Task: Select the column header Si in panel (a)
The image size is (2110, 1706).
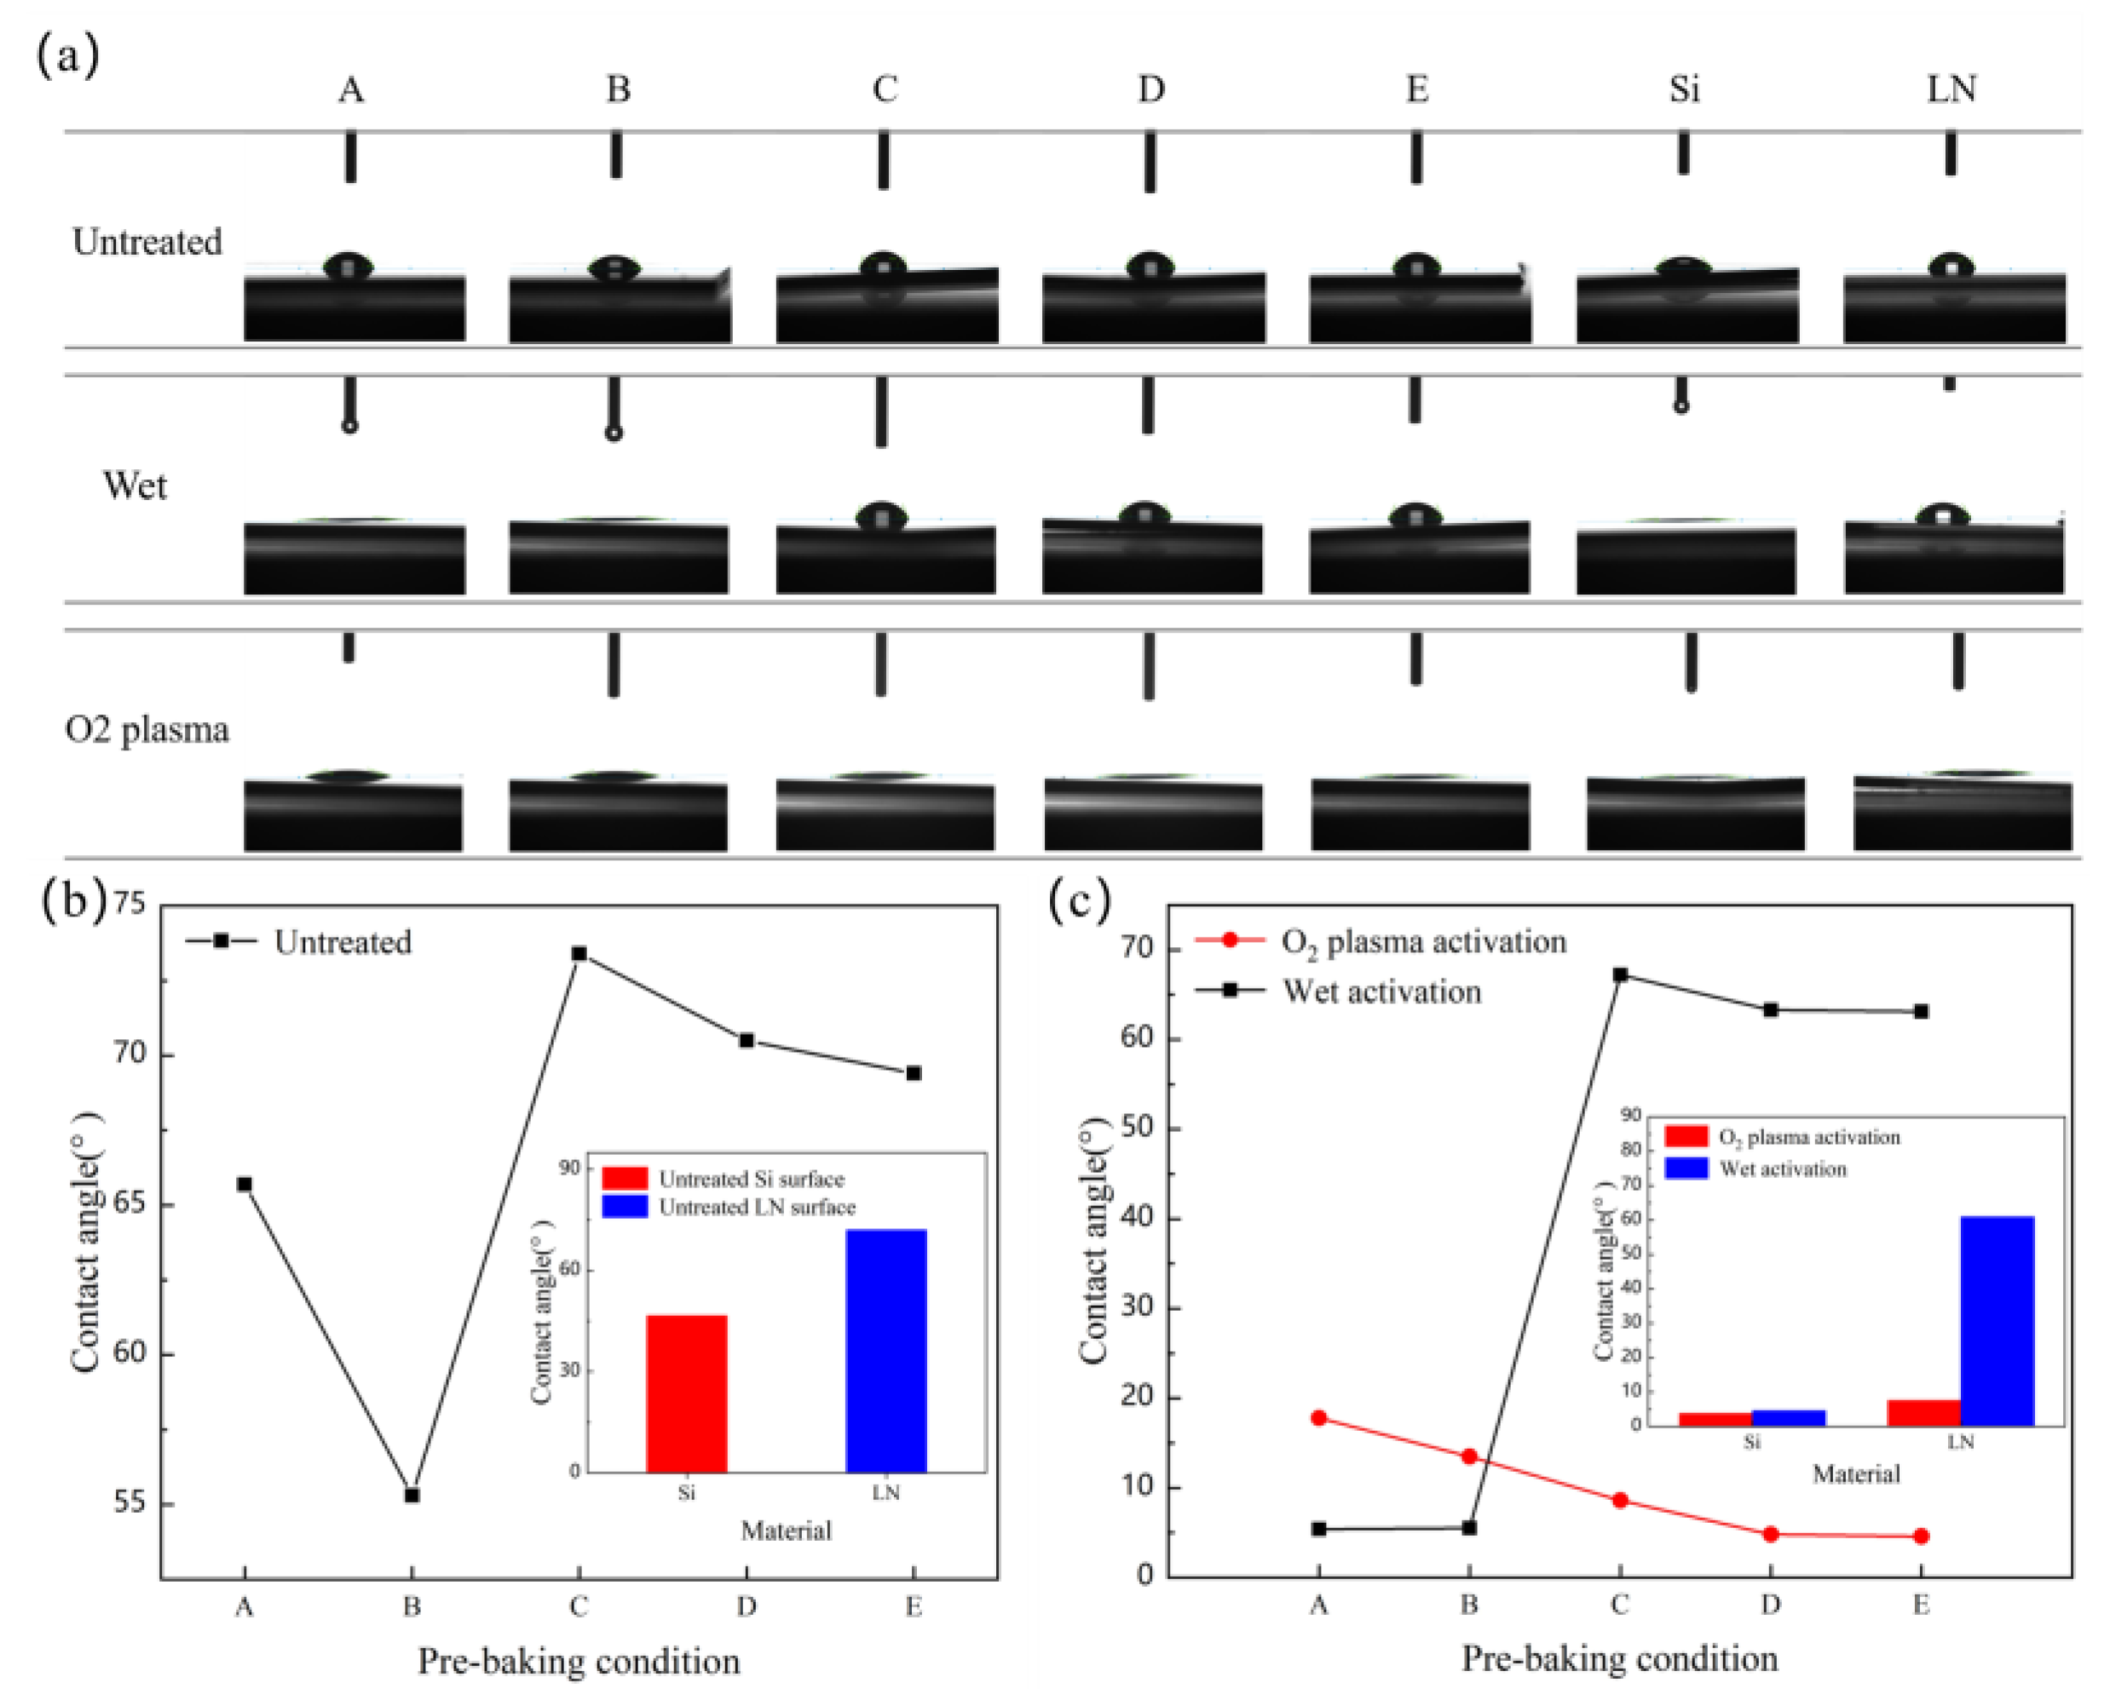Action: coord(1684,89)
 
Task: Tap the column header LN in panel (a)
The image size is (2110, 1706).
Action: coord(1951,89)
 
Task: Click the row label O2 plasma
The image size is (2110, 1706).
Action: coord(147,730)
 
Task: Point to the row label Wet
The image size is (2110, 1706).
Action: coord(135,485)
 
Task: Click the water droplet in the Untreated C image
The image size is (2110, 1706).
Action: coord(883,267)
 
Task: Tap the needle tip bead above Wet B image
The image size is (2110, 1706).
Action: coord(614,433)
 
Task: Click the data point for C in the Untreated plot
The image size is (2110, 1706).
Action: coord(579,953)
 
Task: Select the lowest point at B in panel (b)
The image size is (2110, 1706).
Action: coord(412,1496)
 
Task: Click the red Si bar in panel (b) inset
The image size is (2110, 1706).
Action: coord(686,1393)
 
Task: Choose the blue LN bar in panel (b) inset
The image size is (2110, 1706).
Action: coord(886,1350)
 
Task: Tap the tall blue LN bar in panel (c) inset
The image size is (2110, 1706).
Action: coord(1997,1321)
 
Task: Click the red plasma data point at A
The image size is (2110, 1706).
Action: coord(1318,1418)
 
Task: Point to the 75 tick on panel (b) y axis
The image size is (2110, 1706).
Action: coord(129,902)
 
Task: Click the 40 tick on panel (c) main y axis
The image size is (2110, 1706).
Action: coord(1138,1219)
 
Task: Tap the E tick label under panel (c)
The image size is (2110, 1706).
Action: coord(1920,1605)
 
